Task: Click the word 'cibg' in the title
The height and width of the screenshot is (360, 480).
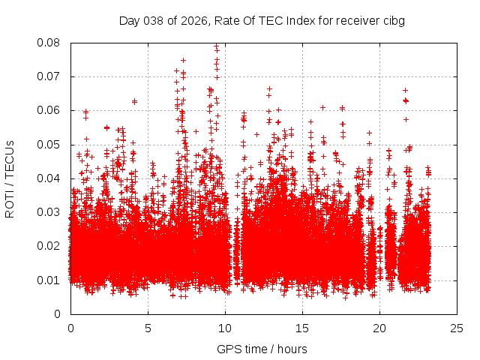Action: point(394,20)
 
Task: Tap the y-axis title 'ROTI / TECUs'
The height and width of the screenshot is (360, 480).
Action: point(10,178)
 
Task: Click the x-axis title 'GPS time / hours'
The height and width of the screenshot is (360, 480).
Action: point(262,349)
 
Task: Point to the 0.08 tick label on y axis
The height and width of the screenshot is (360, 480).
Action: point(49,43)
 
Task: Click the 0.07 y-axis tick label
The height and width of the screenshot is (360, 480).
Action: point(49,76)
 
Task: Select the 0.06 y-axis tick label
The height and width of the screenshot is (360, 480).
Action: point(49,110)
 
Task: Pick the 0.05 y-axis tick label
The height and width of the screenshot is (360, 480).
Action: point(49,144)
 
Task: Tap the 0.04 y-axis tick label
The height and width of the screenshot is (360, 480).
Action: point(49,178)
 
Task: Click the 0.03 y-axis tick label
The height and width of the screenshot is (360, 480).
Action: point(49,212)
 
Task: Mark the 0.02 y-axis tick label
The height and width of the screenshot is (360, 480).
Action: point(49,246)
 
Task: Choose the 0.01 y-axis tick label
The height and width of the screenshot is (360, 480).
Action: point(49,280)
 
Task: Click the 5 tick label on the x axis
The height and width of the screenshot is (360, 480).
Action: point(148,328)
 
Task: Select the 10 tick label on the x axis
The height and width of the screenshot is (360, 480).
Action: point(225,328)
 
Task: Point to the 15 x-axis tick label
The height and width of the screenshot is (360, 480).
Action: point(302,328)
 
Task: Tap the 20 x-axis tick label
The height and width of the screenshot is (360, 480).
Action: point(379,328)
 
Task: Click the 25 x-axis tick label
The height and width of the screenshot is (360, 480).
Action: point(457,328)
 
